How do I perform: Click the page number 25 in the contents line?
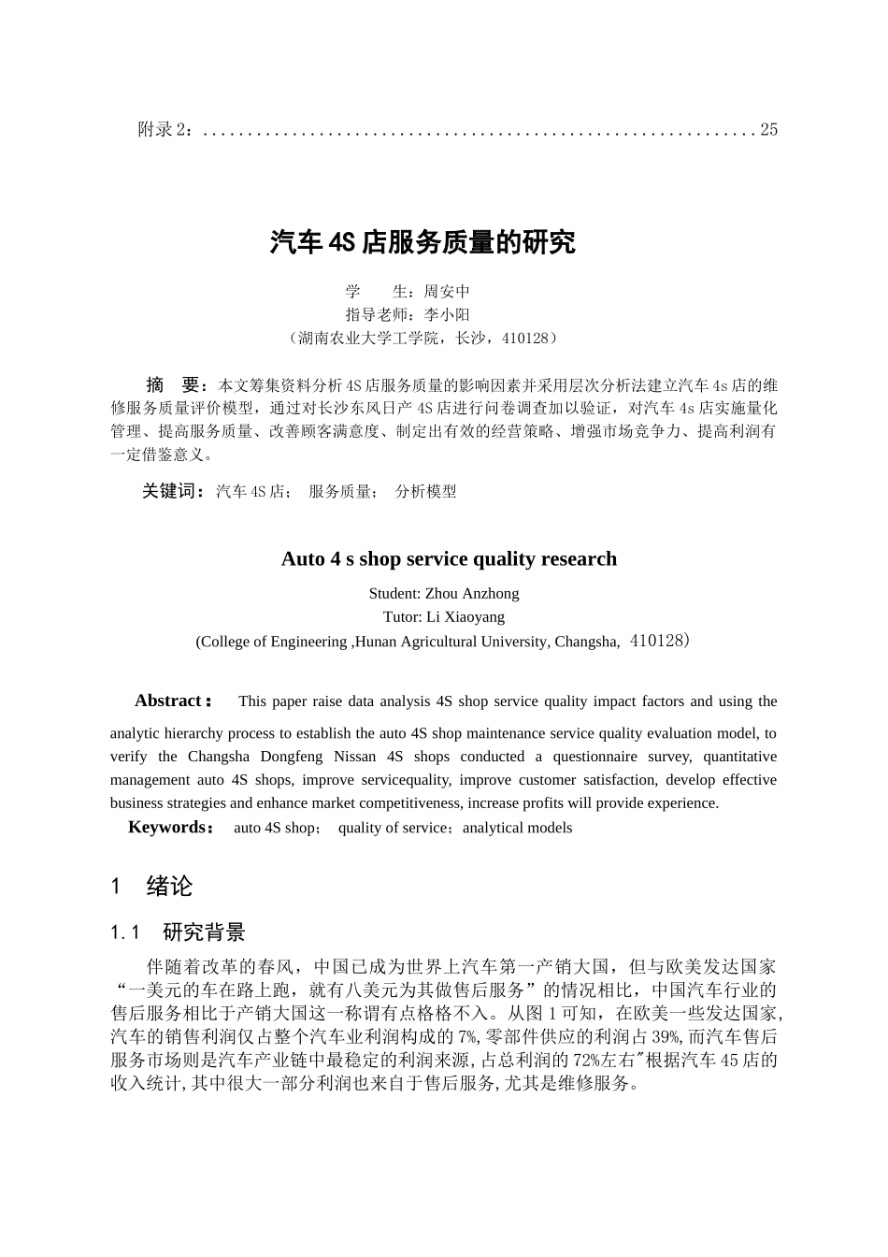[768, 130]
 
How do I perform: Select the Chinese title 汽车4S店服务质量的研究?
[423, 243]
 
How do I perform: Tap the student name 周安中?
[447, 292]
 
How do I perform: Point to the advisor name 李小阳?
[447, 315]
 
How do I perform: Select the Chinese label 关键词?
[172, 491]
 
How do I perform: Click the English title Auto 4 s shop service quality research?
[449, 559]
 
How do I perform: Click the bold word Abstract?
[169, 701]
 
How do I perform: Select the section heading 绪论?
[169, 887]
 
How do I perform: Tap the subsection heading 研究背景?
[204, 932]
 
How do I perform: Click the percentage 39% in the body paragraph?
[665, 1037]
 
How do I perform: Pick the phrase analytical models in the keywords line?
[517, 828]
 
